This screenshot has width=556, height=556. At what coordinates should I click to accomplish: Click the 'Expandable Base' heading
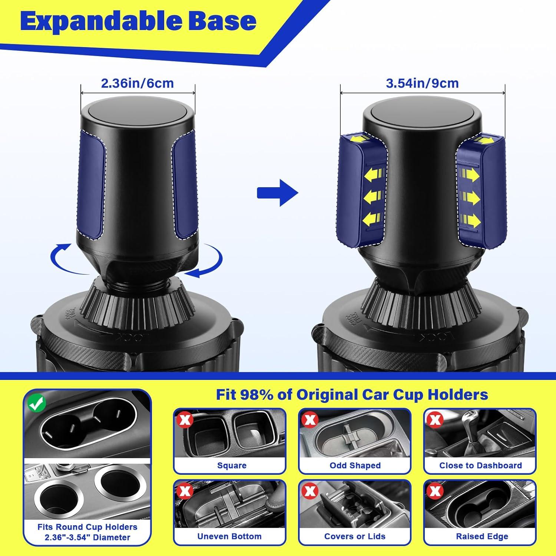click(138, 21)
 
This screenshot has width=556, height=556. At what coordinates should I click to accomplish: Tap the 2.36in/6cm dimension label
click(138, 83)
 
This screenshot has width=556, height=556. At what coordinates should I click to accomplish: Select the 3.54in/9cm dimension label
click(422, 83)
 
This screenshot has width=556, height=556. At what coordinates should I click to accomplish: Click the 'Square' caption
click(232, 466)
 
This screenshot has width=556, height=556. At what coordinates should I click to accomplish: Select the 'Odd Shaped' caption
click(355, 466)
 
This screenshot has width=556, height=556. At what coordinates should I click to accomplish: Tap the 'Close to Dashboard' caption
click(480, 466)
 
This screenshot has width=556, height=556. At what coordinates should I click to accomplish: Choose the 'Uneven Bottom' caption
click(229, 536)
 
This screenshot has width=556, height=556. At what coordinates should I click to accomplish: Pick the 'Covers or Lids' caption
click(355, 536)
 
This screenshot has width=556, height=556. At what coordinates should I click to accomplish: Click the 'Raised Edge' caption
click(482, 536)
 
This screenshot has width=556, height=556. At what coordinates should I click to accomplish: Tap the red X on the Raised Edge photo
click(435, 491)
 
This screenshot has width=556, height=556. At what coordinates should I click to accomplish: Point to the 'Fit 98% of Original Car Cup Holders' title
click(352, 395)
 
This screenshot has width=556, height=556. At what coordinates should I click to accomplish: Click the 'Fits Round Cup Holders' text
click(87, 527)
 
